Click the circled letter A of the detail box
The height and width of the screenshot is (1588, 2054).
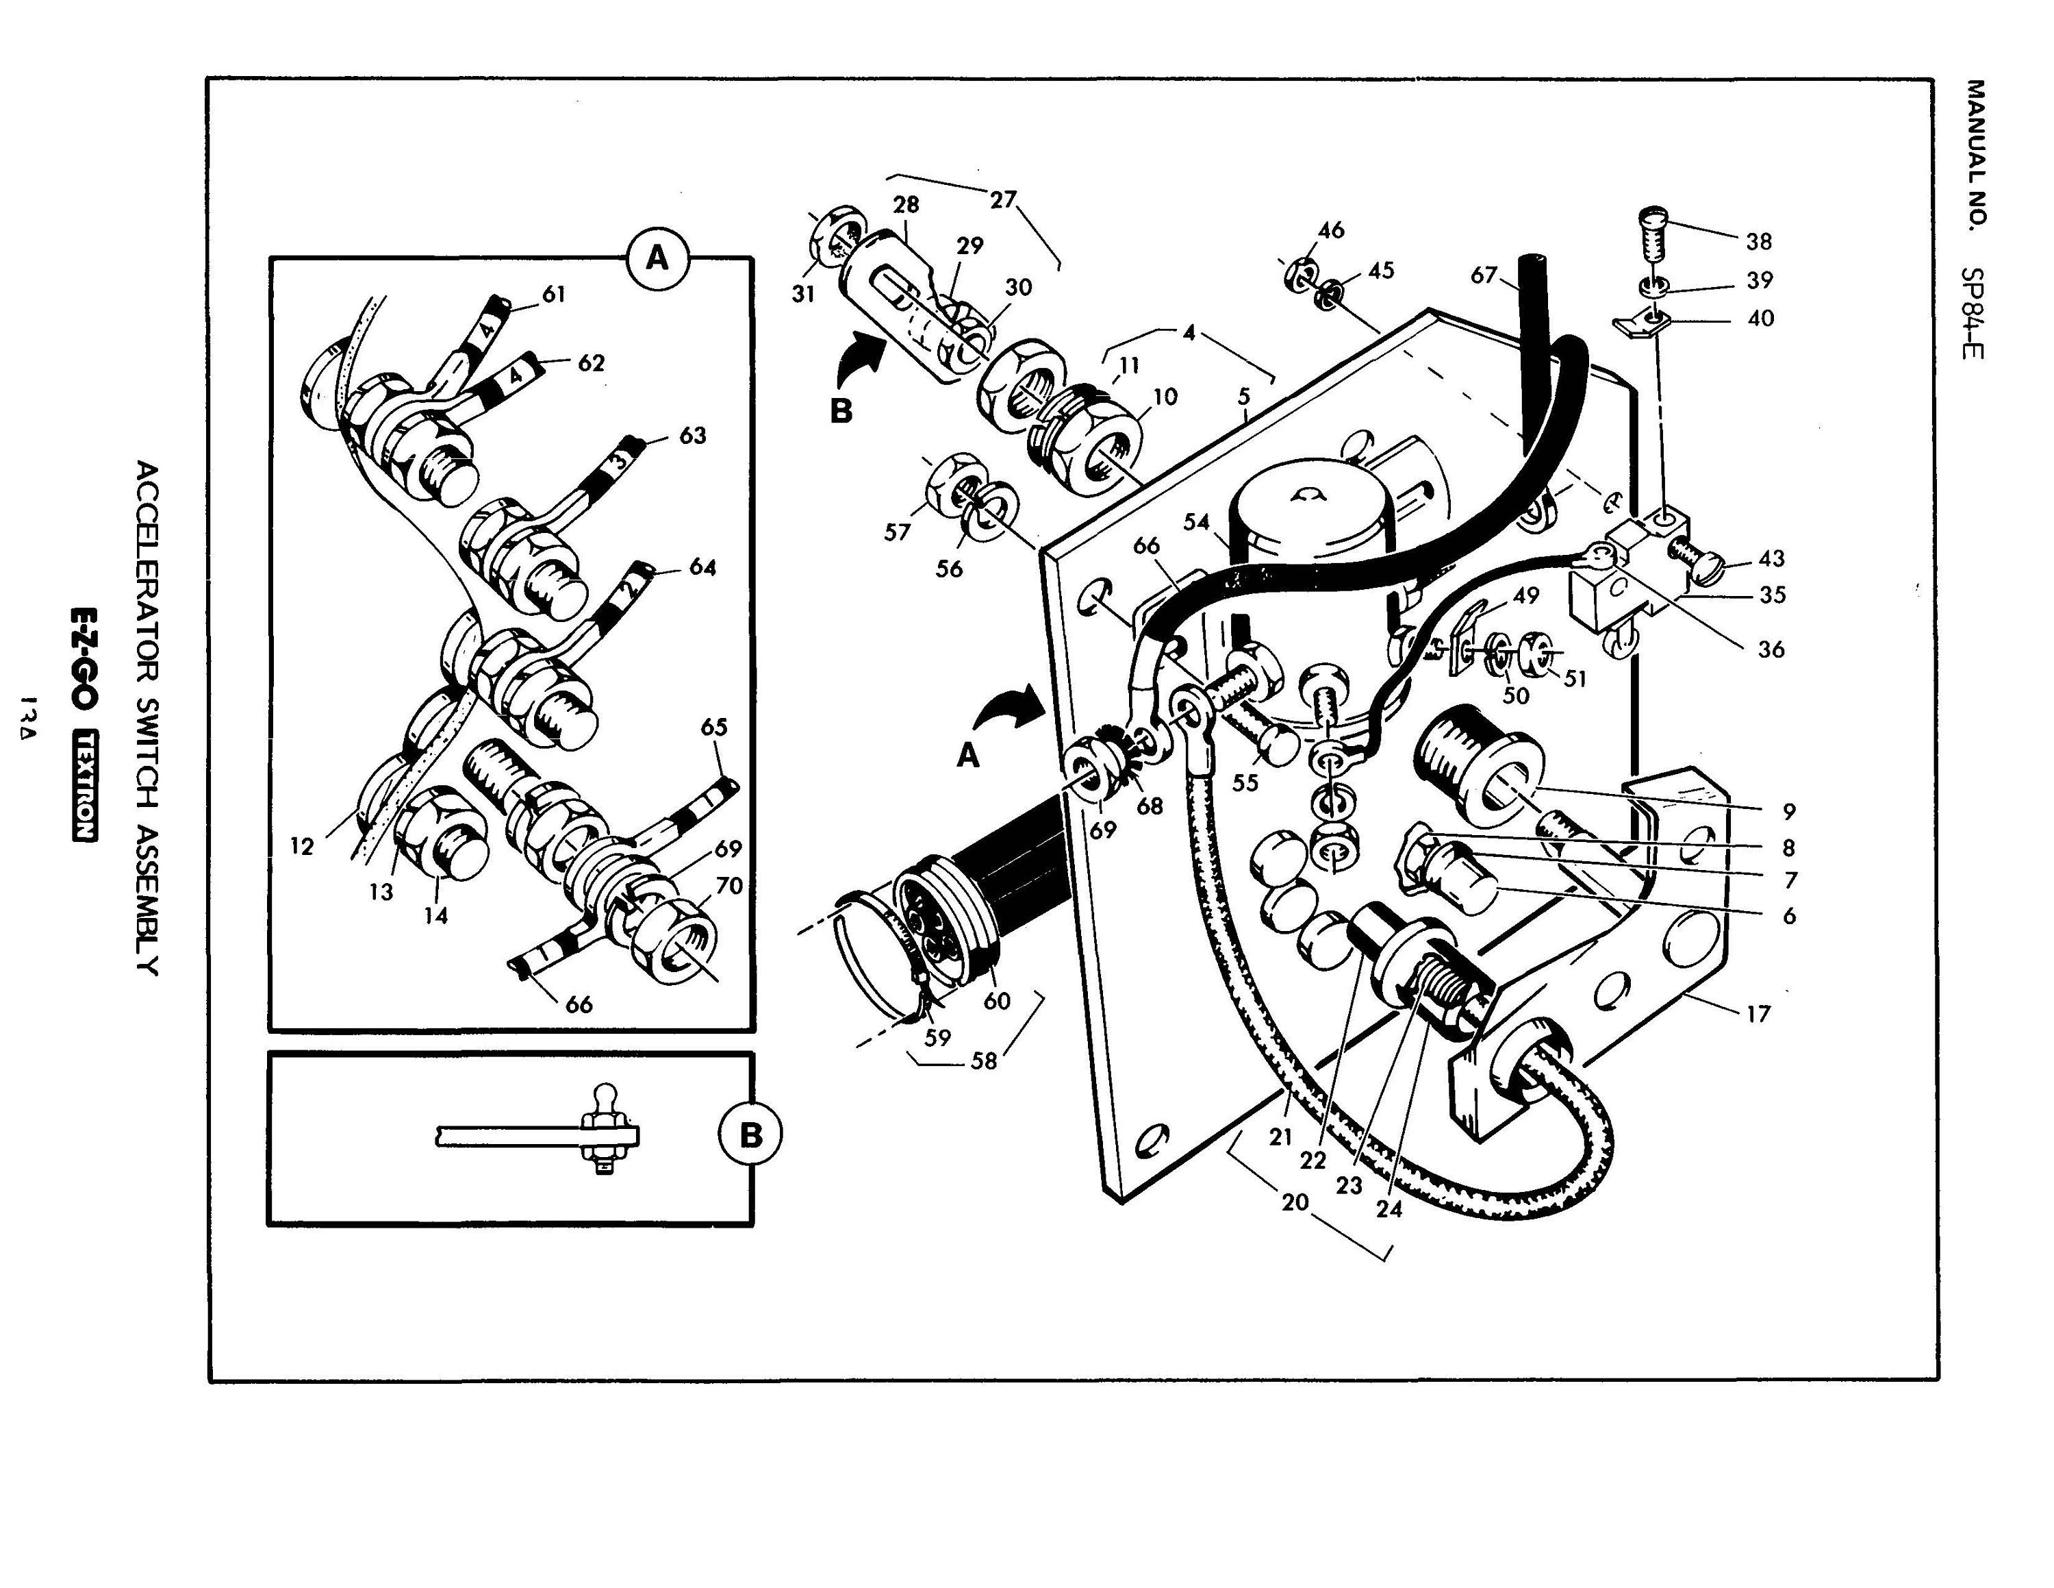click(x=657, y=257)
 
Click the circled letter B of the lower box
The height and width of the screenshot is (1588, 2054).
click(x=750, y=1135)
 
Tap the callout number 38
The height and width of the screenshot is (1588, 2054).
click(x=1759, y=242)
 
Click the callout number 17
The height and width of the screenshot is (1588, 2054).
click(x=1758, y=1014)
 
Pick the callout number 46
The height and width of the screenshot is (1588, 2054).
click(x=1331, y=230)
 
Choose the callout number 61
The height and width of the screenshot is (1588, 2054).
click(x=554, y=295)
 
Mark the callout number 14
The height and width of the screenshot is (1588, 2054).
click(x=435, y=915)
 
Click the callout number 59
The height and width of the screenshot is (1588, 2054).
click(x=938, y=1038)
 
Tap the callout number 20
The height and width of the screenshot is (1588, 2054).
click(x=1295, y=1202)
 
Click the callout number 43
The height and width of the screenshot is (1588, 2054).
click(x=1771, y=559)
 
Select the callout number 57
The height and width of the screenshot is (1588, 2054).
click(x=897, y=532)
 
